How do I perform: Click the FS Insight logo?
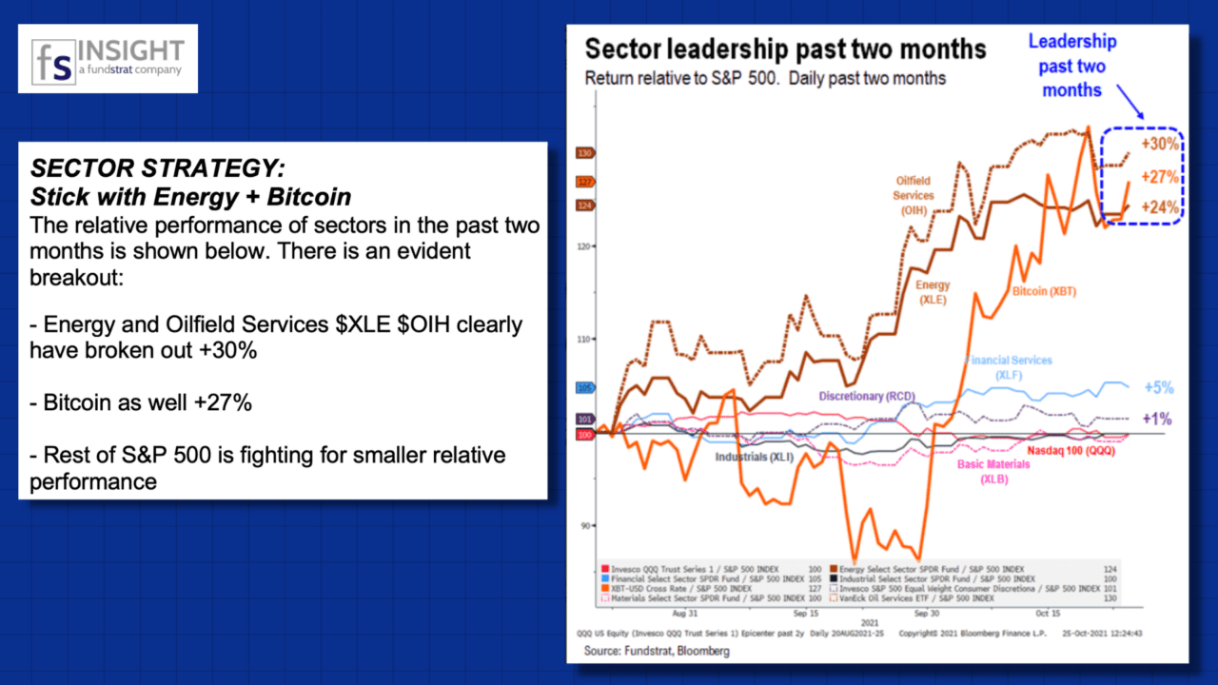108,58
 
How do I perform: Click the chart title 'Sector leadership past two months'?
785,49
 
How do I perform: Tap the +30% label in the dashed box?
1161,145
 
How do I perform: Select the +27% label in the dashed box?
1161,177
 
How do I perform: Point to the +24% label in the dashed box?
1161,207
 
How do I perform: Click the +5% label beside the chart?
1158,388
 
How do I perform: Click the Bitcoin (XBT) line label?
1044,291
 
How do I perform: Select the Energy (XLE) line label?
933,291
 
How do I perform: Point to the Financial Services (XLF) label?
1009,368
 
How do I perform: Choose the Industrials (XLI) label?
755,457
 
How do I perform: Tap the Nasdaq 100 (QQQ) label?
1071,450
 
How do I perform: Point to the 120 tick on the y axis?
584,245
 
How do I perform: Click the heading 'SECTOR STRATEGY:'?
157,169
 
